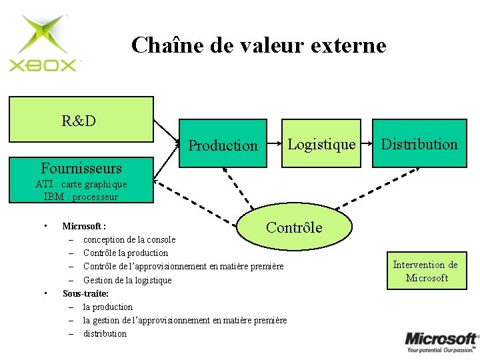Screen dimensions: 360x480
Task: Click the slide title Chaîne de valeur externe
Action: point(259,45)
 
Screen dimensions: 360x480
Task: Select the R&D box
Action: point(81,120)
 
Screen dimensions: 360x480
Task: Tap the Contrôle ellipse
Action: point(294,227)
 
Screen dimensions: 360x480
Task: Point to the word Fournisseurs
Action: point(81,167)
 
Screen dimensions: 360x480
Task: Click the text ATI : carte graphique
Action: point(81,184)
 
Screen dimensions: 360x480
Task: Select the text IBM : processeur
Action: point(80,197)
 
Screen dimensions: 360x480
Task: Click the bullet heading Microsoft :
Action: point(84,226)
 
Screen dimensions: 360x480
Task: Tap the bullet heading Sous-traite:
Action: point(85,293)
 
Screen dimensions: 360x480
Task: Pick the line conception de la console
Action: point(129,239)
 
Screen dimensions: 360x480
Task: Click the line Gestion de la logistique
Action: point(127,280)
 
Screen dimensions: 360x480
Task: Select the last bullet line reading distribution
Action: point(105,333)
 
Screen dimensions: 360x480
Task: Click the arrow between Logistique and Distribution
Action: point(366,143)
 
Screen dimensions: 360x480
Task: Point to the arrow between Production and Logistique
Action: point(275,143)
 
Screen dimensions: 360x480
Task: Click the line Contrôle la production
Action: point(125,253)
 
